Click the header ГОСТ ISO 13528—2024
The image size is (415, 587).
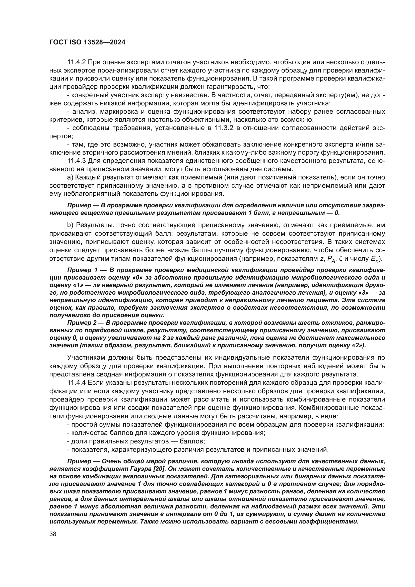pos(87,42)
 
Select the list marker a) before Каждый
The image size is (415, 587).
pos(70,177)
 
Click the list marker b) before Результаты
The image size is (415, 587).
pos(70,225)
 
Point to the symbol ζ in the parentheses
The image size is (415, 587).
pos(340,258)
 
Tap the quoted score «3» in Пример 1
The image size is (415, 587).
pos(365,293)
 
